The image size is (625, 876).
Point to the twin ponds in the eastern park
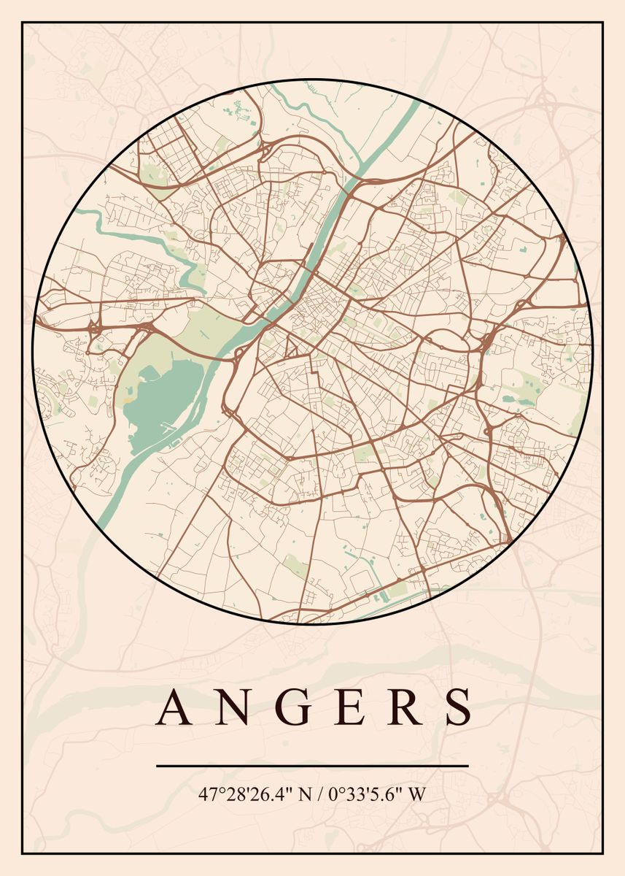[513, 399]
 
